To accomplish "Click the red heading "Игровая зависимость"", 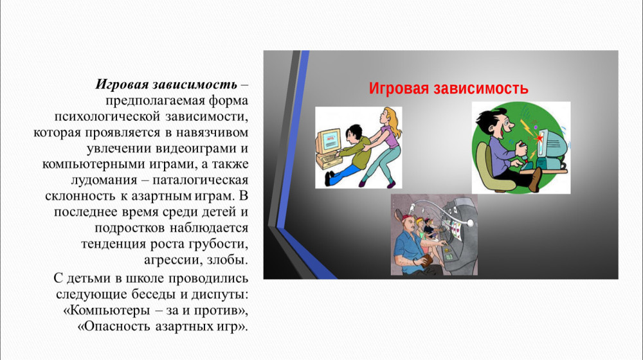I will click(x=448, y=89).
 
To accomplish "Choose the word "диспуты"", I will click(x=217, y=295).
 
